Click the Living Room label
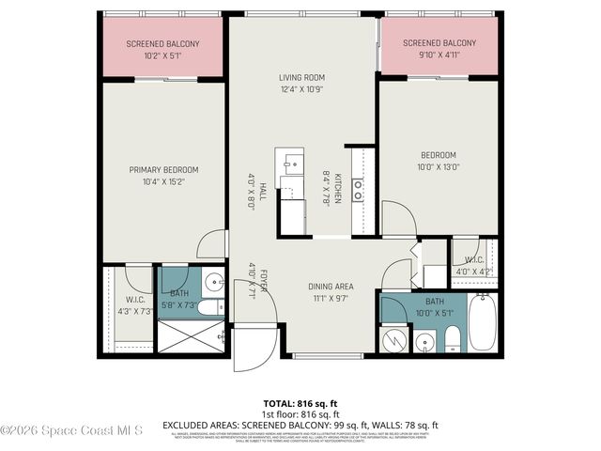301,78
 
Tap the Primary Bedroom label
163,170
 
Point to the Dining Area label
331,287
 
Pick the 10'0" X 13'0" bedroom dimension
439,167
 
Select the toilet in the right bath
452,337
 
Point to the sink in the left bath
213,281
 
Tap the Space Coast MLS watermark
71,430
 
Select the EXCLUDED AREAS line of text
300,425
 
